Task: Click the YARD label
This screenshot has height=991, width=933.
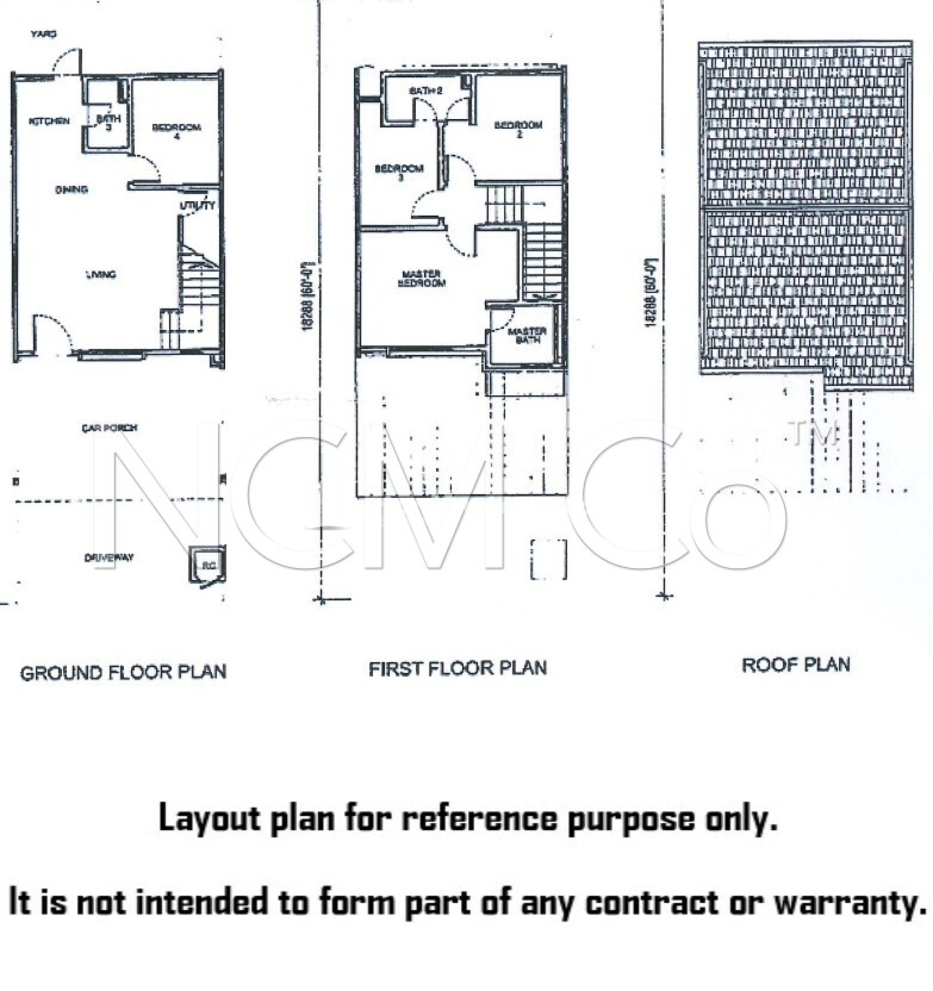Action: pyautogui.click(x=44, y=34)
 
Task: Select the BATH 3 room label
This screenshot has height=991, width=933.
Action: pyautogui.click(x=108, y=122)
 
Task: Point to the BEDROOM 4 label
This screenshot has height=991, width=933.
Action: pyautogui.click(x=177, y=131)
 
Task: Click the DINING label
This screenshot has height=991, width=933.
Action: pyautogui.click(x=72, y=189)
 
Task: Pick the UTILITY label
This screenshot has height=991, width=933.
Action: pyautogui.click(x=198, y=205)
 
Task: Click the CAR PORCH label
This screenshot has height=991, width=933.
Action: pyautogui.click(x=110, y=428)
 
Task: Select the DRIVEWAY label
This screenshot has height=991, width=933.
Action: pyautogui.click(x=109, y=557)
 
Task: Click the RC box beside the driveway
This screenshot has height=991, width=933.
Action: pyautogui.click(x=208, y=565)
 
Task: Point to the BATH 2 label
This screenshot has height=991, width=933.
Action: pyautogui.click(x=426, y=90)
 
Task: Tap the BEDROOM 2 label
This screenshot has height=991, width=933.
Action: pyautogui.click(x=518, y=129)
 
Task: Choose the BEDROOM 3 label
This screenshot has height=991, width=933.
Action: pyautogui.click(x=399, y=172)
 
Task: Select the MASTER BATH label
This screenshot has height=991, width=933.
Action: pyautogui.click(x=527, y=335)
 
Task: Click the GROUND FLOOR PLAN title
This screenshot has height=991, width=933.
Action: pyautogui.click(x=123, y=673)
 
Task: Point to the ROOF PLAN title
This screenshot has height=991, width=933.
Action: pyautogui.click(x=795, y=665)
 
